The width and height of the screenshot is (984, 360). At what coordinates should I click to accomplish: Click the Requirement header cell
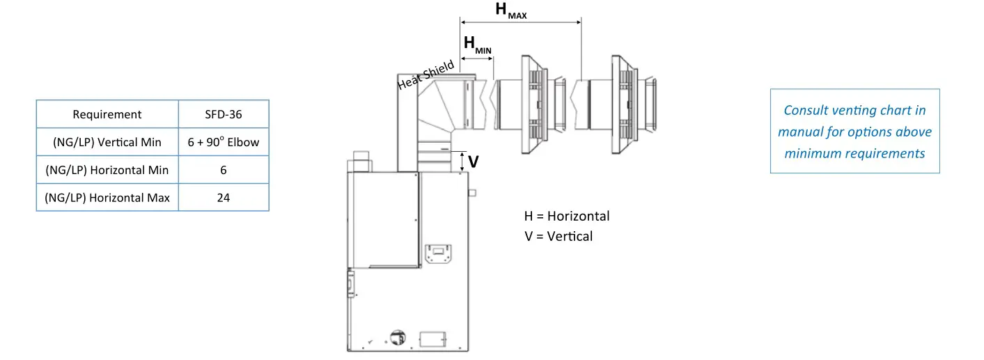107,114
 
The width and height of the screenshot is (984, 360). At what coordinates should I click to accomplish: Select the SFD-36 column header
223,114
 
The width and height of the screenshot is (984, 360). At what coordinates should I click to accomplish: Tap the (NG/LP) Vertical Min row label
107,142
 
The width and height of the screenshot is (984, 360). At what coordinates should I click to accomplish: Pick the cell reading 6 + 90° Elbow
223,142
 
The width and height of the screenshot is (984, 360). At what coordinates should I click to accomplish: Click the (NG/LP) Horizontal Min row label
107,170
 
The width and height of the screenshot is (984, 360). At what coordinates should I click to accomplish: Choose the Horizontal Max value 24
223,198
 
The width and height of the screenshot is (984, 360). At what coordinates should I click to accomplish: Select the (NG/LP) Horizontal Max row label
107,198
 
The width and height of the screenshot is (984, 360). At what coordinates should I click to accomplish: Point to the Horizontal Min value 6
223,170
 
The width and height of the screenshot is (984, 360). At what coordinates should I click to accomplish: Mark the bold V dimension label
474,162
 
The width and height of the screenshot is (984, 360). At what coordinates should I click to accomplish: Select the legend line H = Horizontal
566,216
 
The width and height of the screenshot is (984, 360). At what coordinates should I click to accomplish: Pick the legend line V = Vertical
559,236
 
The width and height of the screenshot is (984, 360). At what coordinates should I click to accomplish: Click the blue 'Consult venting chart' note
854,131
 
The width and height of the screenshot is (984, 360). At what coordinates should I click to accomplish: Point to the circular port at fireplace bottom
398,337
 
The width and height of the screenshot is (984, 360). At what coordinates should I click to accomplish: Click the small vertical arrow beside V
462,161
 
